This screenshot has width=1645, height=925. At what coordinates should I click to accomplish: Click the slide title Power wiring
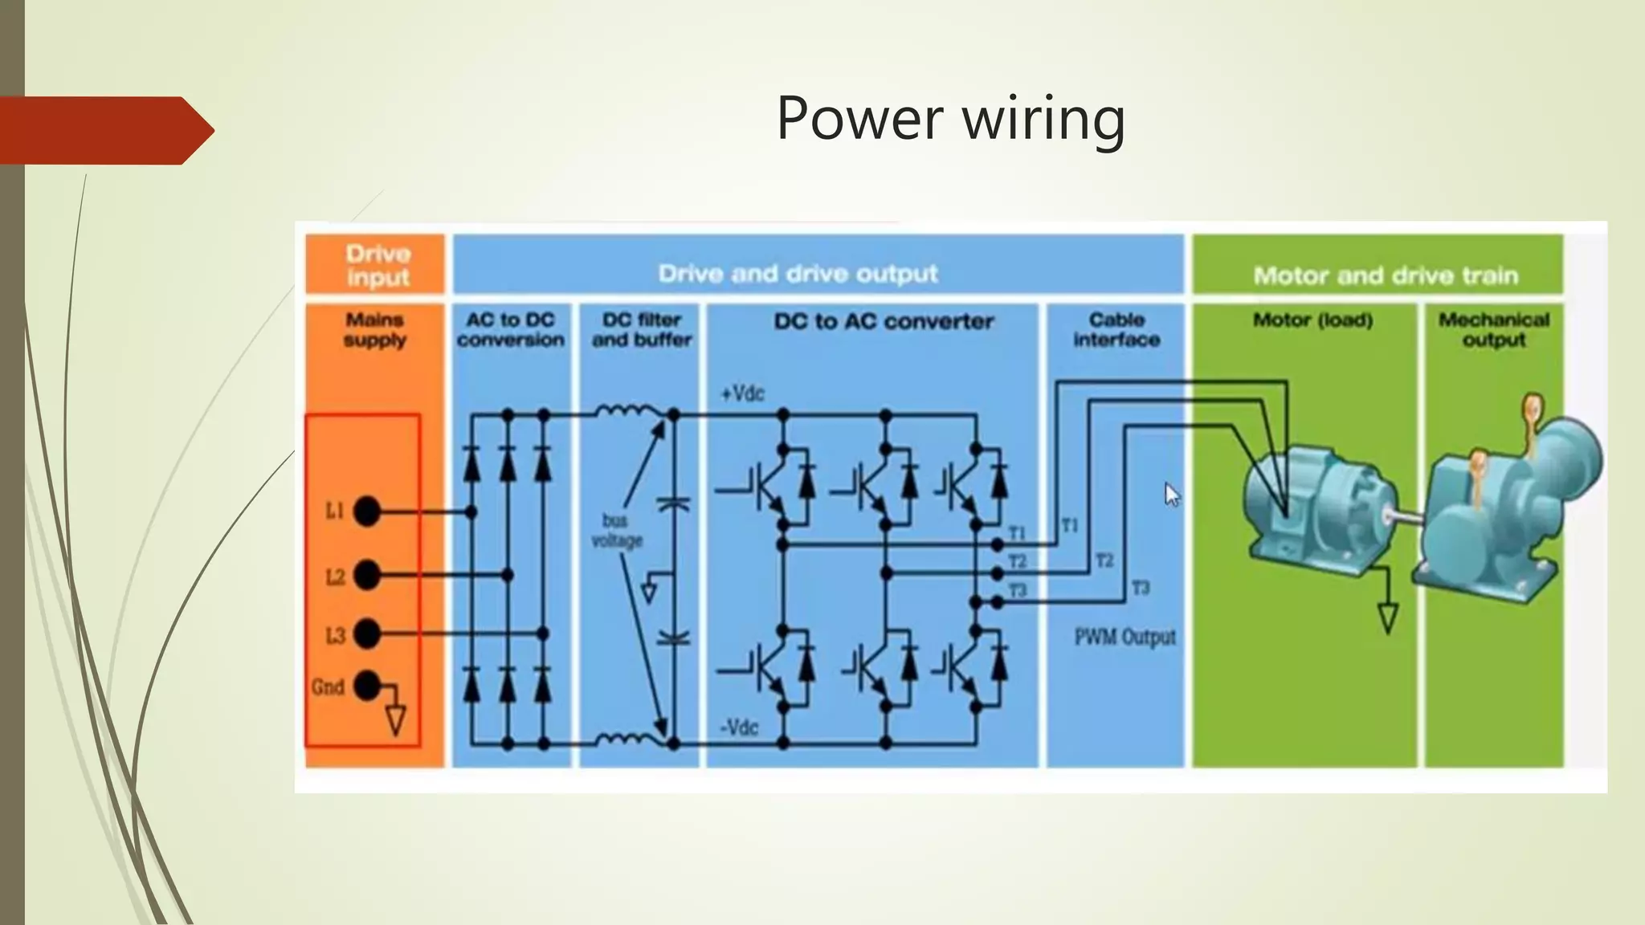coord(950,119)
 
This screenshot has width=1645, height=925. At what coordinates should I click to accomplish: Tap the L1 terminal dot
coord(367,511)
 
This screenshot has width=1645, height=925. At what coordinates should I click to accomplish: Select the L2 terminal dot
coord(367,575)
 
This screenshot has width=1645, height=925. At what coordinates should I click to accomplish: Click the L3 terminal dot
coord(367,634)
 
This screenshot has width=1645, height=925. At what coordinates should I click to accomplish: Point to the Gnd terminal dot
coord(367,686)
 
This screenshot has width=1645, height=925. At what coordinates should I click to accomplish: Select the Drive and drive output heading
coord(798,274)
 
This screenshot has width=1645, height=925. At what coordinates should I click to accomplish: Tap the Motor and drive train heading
coord(1385,275)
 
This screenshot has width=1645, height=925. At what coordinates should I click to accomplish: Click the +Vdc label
coord(742,394)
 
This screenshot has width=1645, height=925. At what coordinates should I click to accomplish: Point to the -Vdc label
coord(739,727)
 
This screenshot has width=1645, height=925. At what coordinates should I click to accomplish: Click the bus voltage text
coord(617,531)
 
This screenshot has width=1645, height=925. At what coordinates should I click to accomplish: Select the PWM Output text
coord(1125,638)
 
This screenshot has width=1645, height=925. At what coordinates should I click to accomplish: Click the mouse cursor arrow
coord(1171,493)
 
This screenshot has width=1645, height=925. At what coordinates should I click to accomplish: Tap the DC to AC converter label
coord(884,322)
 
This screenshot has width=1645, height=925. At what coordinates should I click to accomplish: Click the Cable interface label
coord(1116,329)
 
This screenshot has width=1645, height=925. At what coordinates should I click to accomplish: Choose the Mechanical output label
coord(1493,329)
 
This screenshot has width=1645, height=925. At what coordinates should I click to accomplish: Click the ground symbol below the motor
coord(1387,617)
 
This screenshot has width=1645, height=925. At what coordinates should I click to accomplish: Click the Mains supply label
coord(375,329)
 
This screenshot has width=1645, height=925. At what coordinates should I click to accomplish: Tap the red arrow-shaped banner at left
coord(104,130)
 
